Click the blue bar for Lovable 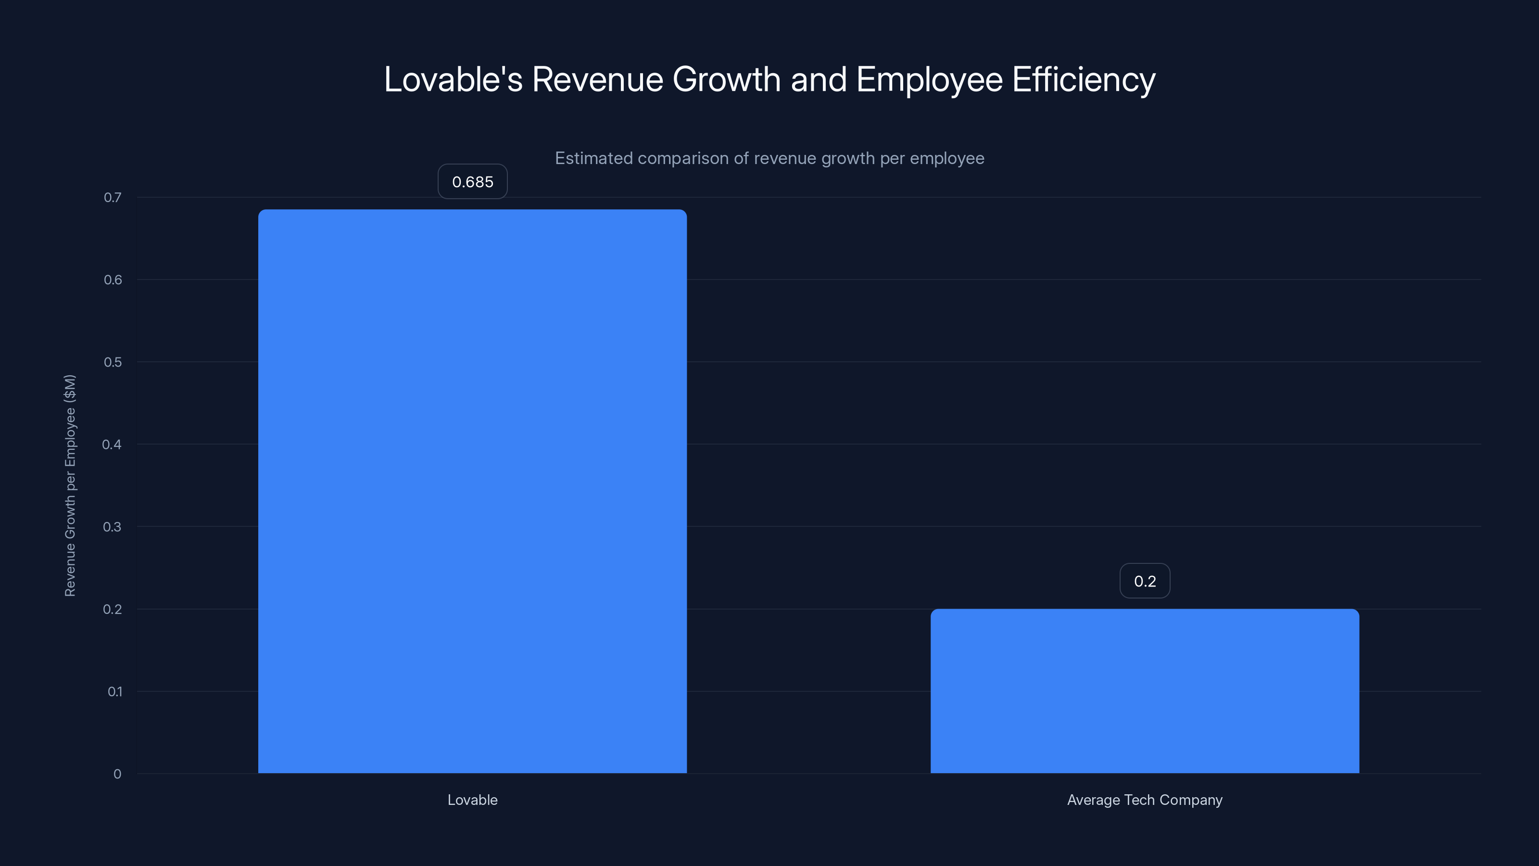472,490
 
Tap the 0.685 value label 472,182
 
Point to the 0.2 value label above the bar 1144,581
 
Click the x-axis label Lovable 472,800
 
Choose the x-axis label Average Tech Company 1144,800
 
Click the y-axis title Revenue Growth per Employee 70,485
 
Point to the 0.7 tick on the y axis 113,197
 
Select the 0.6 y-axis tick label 113,280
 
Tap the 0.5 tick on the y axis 113,362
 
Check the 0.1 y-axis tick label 114,691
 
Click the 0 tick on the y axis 117,774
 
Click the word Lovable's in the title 453,79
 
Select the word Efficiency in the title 1083,79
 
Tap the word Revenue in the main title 597,79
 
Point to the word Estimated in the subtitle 593,158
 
